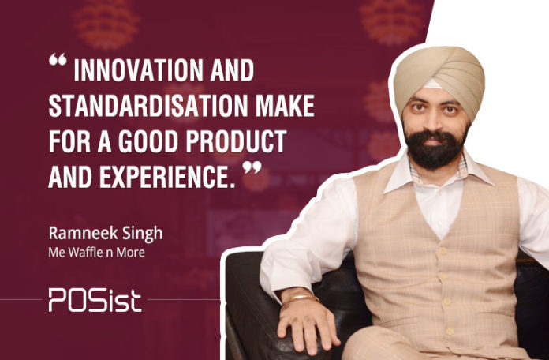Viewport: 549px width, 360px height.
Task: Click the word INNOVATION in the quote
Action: pos(138,70)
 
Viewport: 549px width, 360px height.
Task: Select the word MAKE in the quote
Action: pos(285,106)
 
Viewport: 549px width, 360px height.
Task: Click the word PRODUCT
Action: pos(237,141)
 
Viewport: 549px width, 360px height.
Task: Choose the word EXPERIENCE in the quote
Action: pos(167,177)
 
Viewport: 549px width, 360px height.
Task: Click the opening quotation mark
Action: pos(58,59)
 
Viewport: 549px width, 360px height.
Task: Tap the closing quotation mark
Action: pos(252,167)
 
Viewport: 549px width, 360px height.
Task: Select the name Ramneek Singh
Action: pos(106,234)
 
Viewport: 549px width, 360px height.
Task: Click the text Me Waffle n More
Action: pos(97,253)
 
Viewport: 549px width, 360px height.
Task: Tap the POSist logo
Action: pos(95,300)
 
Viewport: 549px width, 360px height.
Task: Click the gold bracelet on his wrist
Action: pos(302,298)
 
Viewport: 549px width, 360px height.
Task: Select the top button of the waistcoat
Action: pos(443,251)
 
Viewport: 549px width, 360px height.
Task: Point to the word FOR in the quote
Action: pos(69,141)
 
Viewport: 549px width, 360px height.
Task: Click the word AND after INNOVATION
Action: pos(232,70)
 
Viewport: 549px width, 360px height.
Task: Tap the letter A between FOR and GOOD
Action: pos(104,141)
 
